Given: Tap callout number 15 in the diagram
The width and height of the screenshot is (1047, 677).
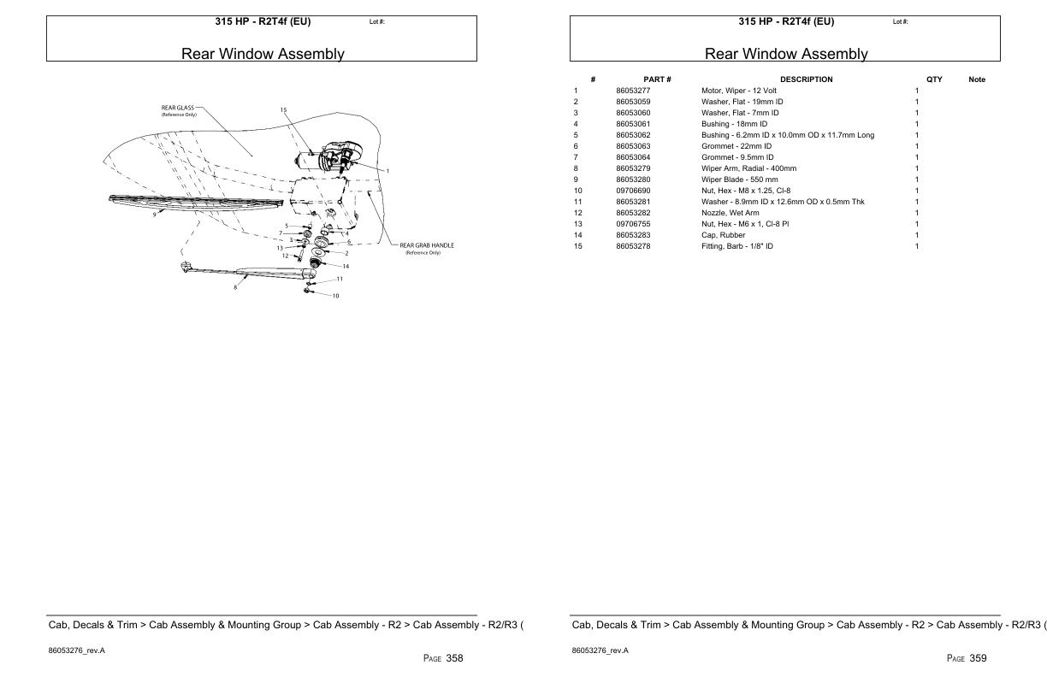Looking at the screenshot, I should tap(284, 109).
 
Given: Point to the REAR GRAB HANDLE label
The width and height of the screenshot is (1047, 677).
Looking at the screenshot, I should tap(427, 245).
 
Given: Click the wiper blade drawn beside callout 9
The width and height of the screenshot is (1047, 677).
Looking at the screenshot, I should tap(197, 201).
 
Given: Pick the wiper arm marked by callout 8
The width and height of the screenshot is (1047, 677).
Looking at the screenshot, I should tap(257, 273).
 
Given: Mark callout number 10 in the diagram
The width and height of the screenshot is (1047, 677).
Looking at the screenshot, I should tap(335, 296).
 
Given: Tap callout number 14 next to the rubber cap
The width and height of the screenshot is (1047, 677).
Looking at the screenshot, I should tap(346, 266).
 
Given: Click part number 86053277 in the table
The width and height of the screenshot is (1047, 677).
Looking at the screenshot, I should tap(633, 91).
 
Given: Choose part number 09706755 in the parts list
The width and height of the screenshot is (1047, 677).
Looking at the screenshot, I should tap(633, 224).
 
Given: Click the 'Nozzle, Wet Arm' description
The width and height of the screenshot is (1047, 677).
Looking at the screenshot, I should tap(730, 213).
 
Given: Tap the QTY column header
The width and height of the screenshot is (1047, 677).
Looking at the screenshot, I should tap(934, 79).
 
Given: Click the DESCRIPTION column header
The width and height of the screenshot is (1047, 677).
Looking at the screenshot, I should tap(806, 79).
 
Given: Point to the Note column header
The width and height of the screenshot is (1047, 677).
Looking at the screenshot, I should tap(976, 79).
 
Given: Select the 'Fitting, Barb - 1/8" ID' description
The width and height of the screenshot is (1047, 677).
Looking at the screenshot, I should tap(736, 246).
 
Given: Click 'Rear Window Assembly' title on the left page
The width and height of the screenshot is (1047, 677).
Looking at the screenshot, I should tap(262, 54).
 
